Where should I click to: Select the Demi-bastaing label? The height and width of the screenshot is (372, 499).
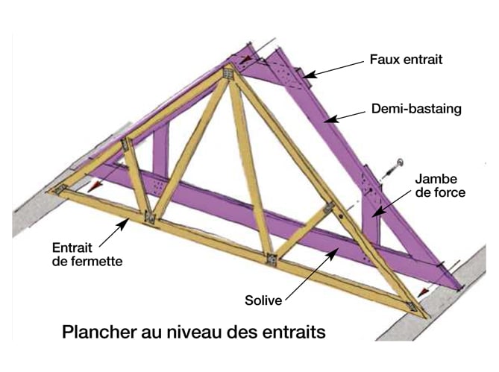(416, 110)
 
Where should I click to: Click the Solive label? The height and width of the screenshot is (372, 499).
(263, 301)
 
